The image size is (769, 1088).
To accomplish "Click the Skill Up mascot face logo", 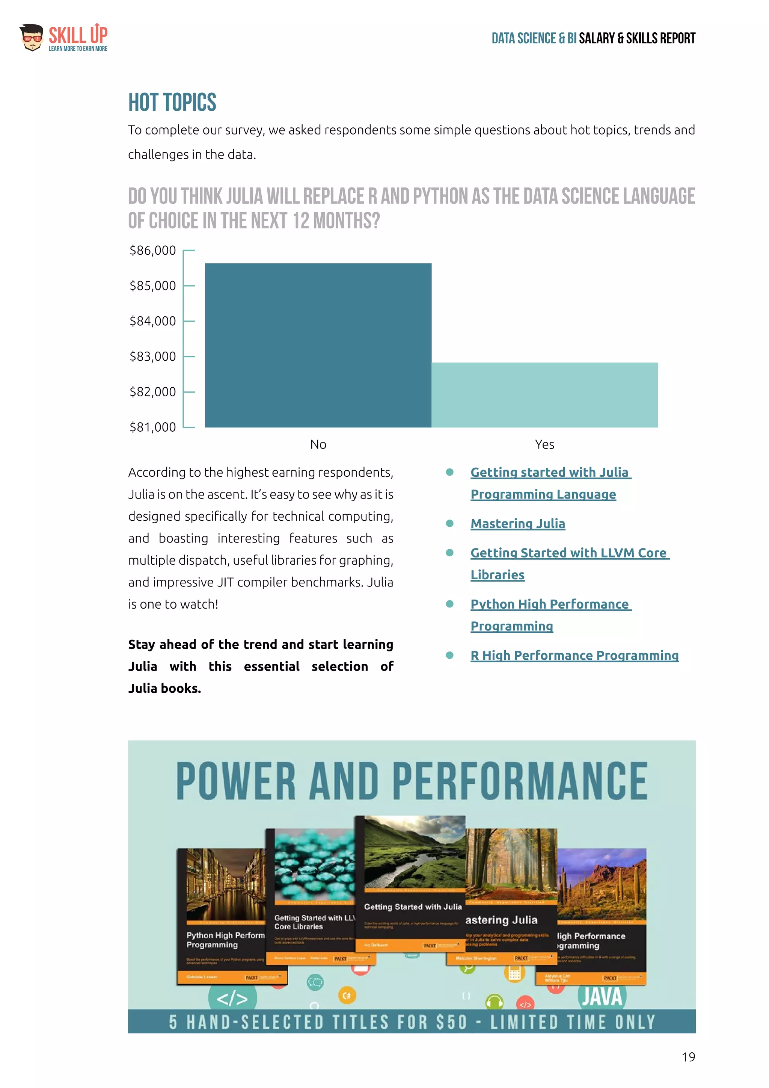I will (31, 38).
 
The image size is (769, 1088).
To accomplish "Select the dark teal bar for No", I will (318, 345).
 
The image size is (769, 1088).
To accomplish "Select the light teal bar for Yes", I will (544, 395).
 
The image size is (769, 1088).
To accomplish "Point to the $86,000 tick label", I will (152, 251).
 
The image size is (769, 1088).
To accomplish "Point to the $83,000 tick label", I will (152, 357).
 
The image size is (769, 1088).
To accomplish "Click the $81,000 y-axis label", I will (152, 427).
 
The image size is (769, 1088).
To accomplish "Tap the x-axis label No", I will (318, 444).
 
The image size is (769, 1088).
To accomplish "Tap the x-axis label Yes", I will (544, 444).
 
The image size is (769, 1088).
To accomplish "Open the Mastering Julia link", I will (517, 524).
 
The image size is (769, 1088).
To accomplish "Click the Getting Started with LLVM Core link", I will (568, 553).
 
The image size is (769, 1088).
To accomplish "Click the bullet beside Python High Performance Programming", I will (450, 604).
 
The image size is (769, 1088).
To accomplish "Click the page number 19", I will (688, 1057).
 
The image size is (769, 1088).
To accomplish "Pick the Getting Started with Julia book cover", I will (410, 881).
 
